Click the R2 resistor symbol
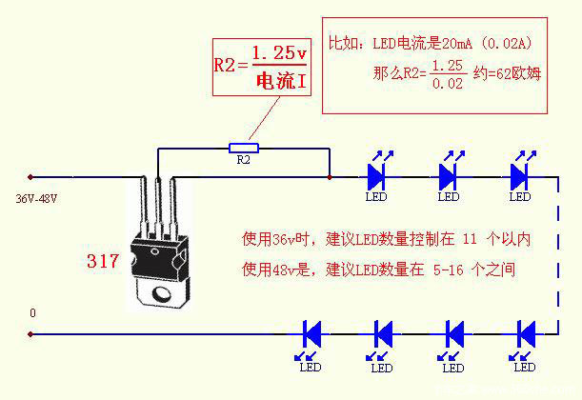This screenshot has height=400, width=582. (244, 148)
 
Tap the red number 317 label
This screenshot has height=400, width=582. (102, 260)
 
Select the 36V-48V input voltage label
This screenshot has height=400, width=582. (36, 199)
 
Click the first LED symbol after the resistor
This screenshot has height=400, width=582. (376, 175)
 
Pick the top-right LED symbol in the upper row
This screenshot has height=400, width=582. (519, 175)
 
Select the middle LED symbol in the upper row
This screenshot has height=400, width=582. (449, 175)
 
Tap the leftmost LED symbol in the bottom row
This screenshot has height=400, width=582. (311, 333)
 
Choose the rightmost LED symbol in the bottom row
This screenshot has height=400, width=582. (525, 333)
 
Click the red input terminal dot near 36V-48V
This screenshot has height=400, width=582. (30, 177)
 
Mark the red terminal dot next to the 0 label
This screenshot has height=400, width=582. (30, 334)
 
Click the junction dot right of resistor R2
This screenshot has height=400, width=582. (329, 177)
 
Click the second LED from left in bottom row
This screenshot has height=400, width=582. (382, 333)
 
